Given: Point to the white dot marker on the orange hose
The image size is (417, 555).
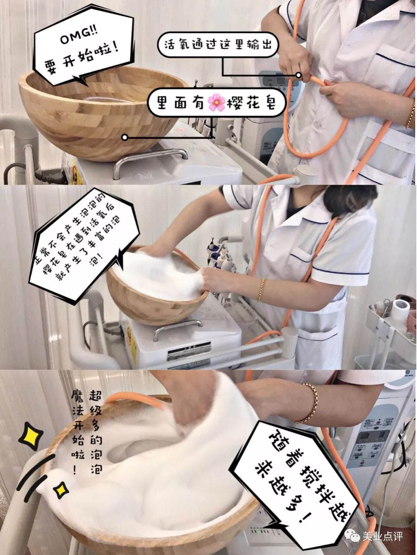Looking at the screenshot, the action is [298, 75].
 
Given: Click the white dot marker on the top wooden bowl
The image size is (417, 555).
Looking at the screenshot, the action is [124, 137].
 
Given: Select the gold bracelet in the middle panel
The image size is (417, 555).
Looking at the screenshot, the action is [262, 290].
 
